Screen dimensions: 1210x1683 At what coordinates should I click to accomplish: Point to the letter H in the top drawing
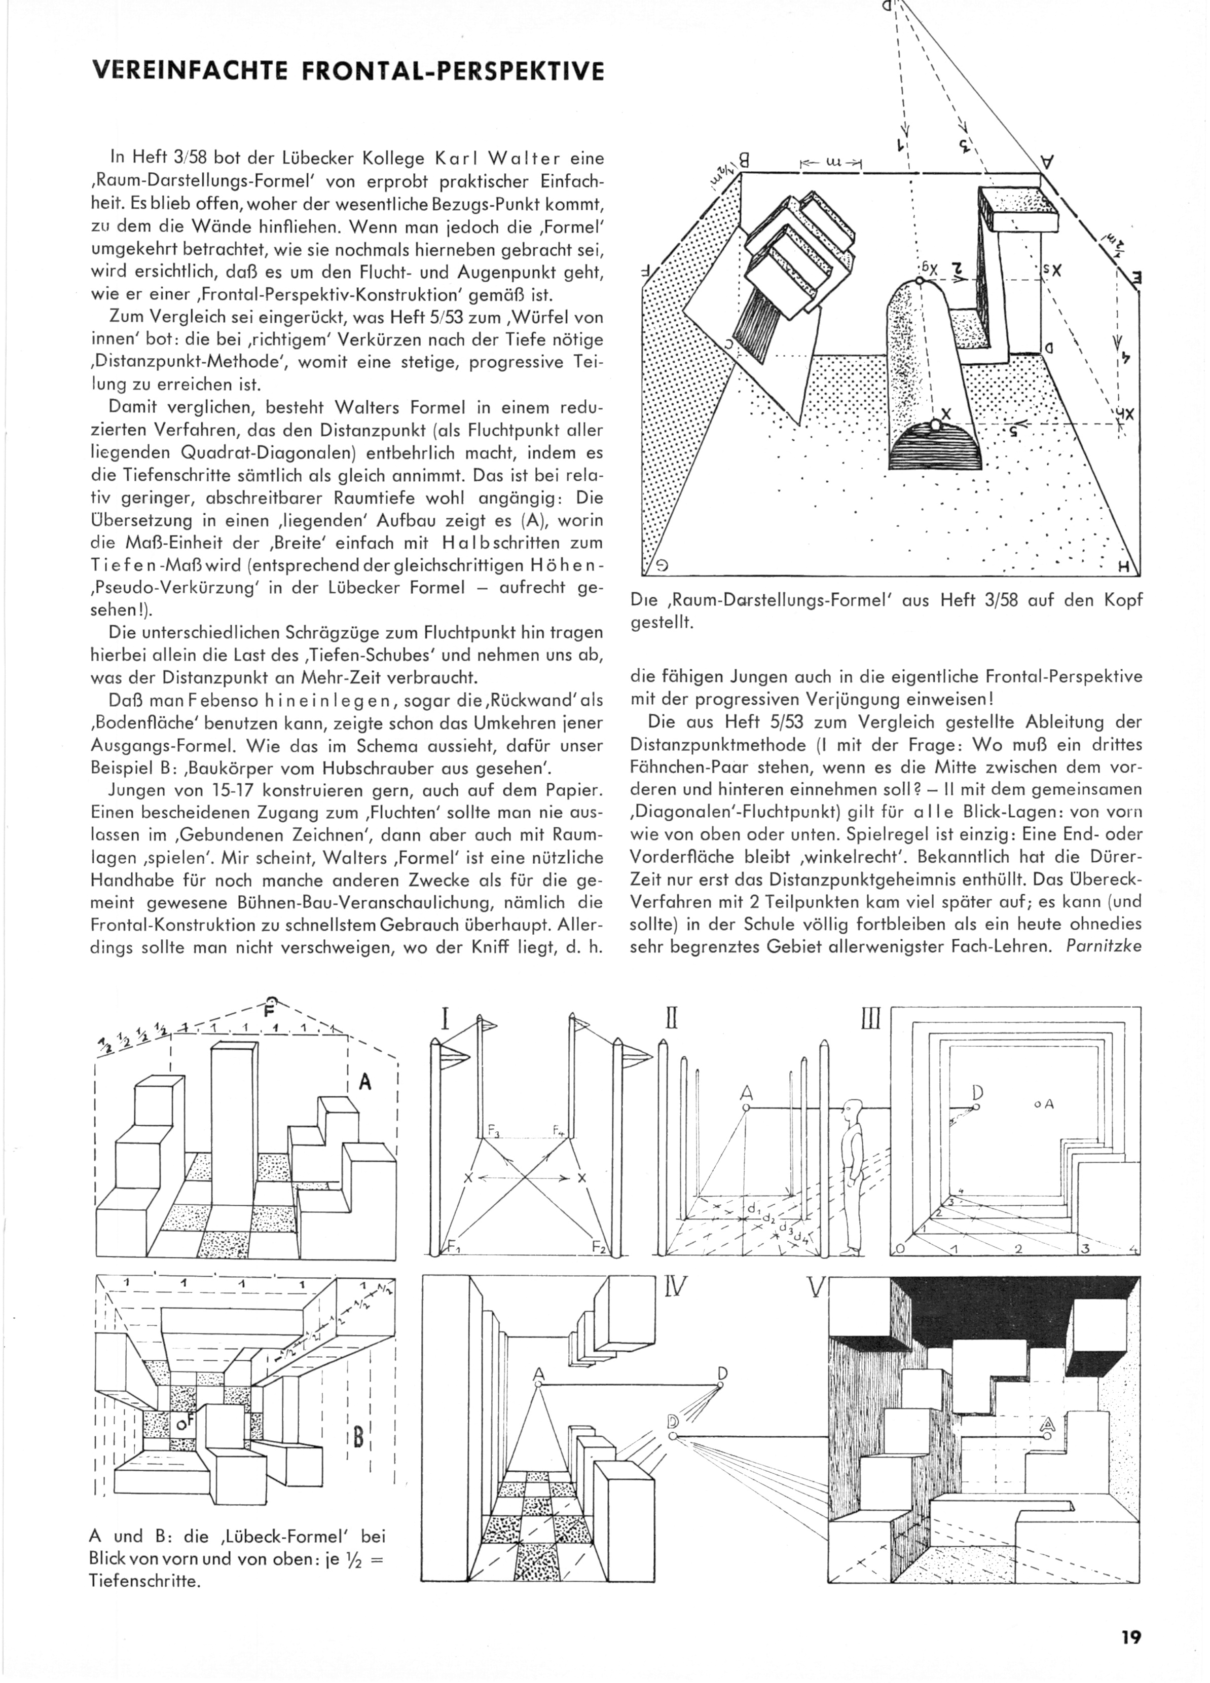click(x=1122, y=568)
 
